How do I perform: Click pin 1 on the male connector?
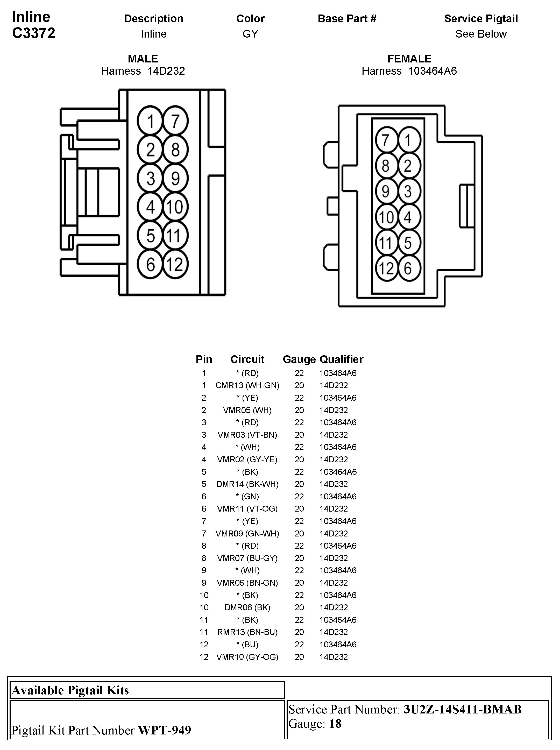(150, 121)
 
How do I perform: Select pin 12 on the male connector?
(175, 264)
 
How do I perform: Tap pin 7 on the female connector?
(386, 140)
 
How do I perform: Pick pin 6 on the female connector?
(408, 268)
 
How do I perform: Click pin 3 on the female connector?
(408, 191)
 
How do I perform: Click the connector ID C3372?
(34, 33)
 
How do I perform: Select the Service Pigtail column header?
(481, 19)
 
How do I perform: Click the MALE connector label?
(143, 59)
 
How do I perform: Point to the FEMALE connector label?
(409, 59)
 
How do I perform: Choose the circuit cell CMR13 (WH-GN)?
(247, 385)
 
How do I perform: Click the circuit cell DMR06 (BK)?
(247, 607)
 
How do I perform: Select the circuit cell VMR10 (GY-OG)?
(247, 657)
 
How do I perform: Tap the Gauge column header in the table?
(299, 359)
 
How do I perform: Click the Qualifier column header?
(341, 359)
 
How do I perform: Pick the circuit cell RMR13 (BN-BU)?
(247, 632)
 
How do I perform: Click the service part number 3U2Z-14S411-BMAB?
(462, 709)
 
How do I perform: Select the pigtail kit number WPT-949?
(164, 730)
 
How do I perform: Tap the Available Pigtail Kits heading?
(70, 690)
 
